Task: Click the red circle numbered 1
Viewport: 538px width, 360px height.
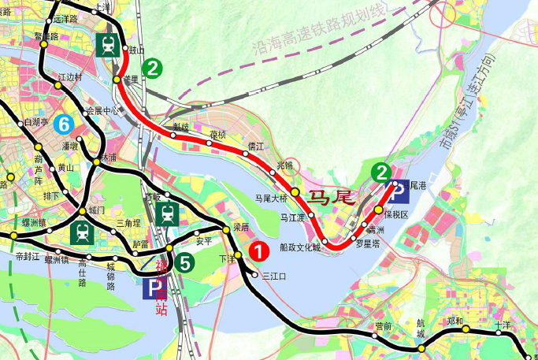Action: click(x=258, y=251)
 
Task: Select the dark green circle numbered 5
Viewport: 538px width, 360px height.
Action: click(x=184, y=264)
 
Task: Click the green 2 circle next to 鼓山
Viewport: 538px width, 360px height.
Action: click(x=154, y=69)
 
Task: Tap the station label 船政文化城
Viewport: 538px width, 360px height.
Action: click(x=300, y=247)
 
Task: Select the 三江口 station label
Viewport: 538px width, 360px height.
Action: click(x=273, y=276)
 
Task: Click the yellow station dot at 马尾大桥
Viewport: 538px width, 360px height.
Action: click(x=295, y=191)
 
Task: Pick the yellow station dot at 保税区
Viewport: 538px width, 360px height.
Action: click(x=379, y=210)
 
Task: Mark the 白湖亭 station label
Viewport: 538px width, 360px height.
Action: click(x=35, y=122)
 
